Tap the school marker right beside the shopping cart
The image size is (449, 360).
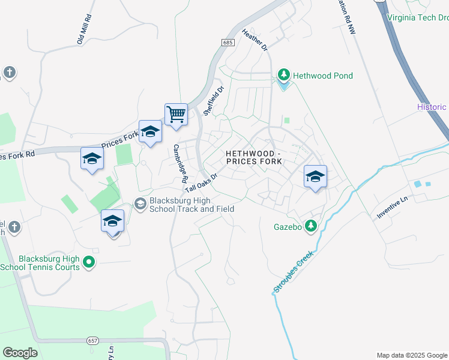pyautogui.click(x=150, y=132)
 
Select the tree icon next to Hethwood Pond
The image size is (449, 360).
pyautogui.click(x=283, y=76)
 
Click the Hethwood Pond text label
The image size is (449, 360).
pyautogui.click(x=323, y=76)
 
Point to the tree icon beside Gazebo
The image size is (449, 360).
pyautogui.click(x=310, y=226)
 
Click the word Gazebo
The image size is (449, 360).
pyautogui.click(x=286, y=227)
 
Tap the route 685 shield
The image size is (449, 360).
pyautogui.click(x=227, y=43)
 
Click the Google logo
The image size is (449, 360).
pyautogui.click(x=20, y=353)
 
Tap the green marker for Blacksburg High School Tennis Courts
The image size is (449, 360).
pyautogui.click(x=89, y=262)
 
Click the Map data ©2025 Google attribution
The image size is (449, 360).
pyautogui.click(x=411, y=355)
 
